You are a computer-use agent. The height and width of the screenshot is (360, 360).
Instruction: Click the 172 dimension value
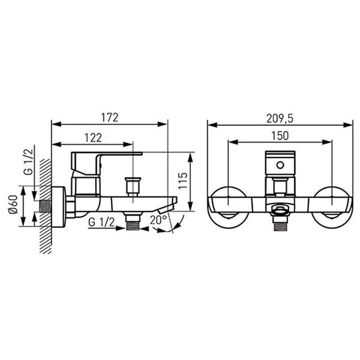coord(110,117)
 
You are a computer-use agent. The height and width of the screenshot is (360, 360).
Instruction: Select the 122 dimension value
coord(93,138)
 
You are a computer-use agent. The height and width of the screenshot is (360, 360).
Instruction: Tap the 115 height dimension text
coord(183,181)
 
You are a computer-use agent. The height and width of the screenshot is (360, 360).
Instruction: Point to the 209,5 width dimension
coord(279,119)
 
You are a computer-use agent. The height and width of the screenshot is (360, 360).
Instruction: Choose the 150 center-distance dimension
coord(280,136)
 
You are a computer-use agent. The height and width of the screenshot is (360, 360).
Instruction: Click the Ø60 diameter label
coord(13,204)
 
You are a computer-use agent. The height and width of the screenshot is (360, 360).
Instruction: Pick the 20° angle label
coord(158,220)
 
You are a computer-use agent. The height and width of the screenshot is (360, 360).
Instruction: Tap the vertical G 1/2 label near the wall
coord(29,162)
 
